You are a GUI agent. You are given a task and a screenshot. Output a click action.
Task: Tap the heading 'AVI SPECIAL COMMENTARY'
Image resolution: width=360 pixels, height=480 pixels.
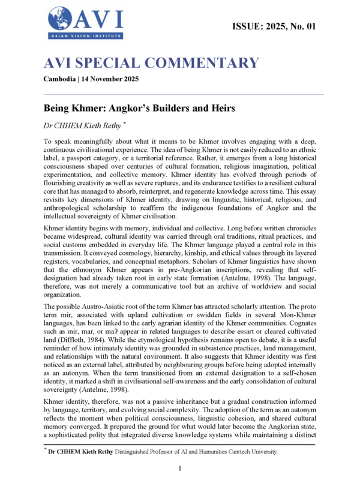pyautogui.click(x=152, y=62)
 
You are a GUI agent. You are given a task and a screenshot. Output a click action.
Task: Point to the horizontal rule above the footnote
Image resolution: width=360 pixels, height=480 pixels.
pyautogui.click(x=180, y=445)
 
